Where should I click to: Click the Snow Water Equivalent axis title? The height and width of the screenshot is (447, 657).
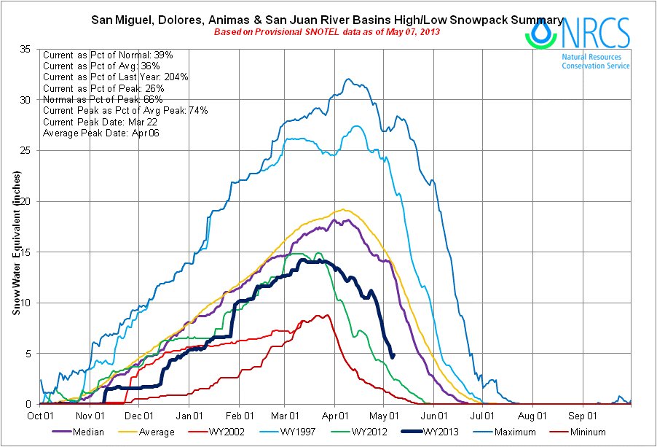(x=16, y=244)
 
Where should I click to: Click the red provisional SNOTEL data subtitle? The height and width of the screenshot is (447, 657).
(x=326, y=32)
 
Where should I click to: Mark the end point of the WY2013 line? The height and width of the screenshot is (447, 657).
(x=393, y=357)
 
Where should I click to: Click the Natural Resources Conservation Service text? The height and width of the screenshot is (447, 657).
(x=596, y=61)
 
